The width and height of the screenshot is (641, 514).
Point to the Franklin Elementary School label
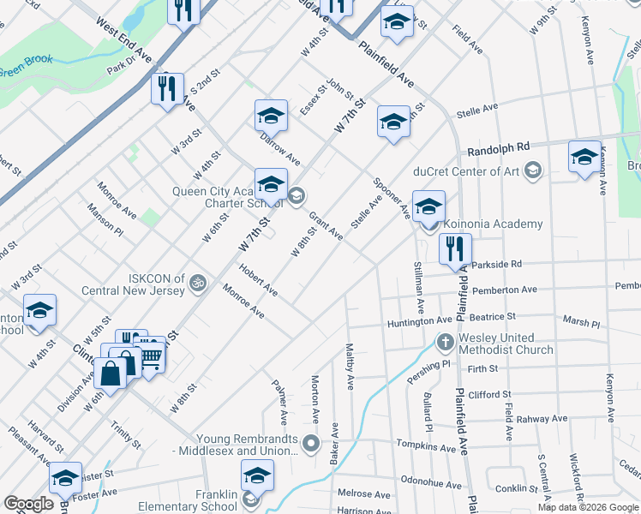pos(188,500)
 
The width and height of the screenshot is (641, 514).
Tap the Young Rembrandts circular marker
pos(311,444)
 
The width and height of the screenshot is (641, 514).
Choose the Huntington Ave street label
pos(419,320)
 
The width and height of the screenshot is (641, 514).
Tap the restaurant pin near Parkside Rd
pos(455,248)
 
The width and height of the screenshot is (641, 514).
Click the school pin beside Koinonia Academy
pos(428,206)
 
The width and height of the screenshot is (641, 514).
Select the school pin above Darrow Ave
pos(271,115)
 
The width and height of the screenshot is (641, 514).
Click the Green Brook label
pos(27,63)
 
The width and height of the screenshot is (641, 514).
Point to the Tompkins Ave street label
pos(426,446)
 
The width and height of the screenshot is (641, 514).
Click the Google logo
pos(29,504)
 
